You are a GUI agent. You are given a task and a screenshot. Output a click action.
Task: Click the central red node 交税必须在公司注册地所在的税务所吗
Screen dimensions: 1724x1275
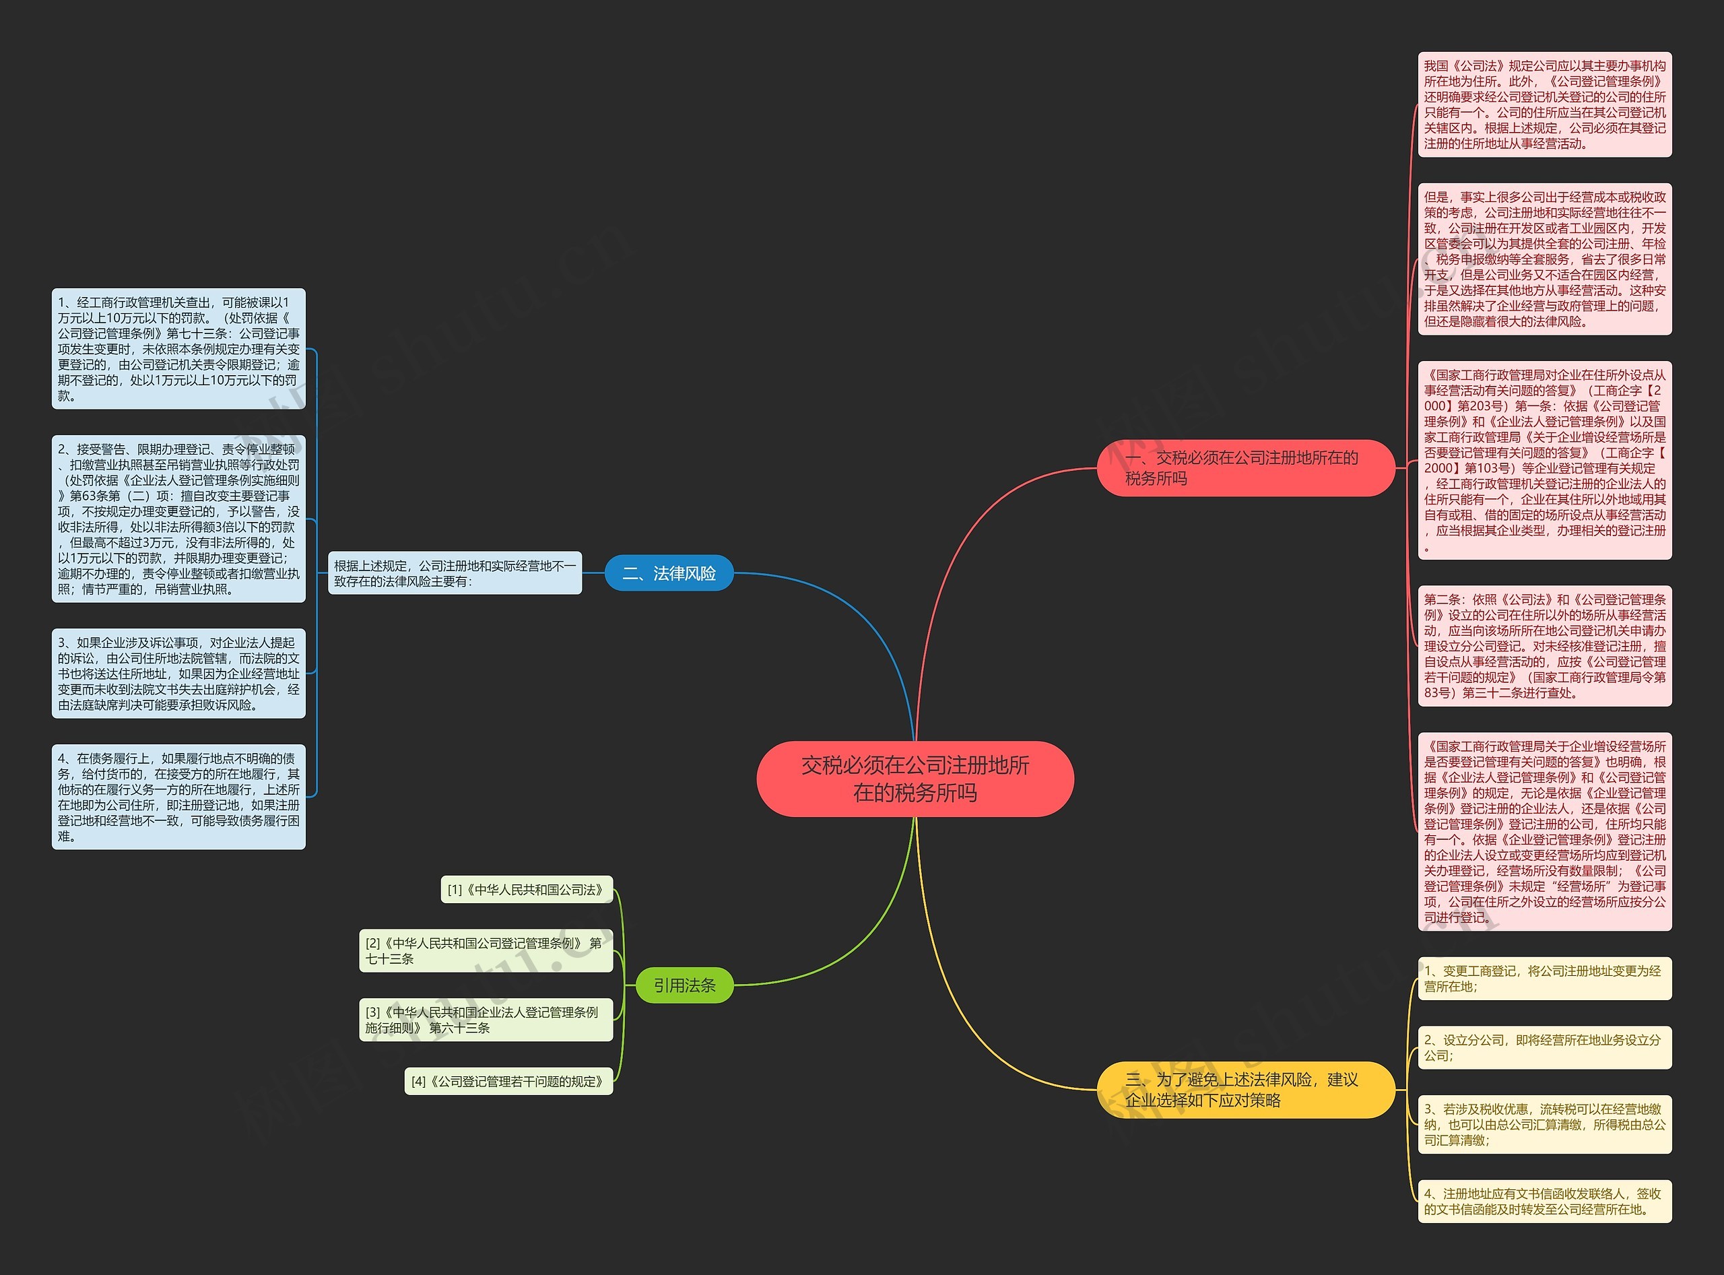tap(915, 779)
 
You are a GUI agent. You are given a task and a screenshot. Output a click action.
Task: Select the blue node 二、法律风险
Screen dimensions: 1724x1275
tap(669, 573)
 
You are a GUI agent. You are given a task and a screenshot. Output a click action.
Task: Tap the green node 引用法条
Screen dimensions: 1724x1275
tap(684, 985)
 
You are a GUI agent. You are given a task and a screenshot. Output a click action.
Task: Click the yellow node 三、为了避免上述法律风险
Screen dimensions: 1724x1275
tap(1247, 1089)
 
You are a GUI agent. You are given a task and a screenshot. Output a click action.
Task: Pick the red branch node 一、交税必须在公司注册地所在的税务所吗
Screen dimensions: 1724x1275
tap(1247, 467)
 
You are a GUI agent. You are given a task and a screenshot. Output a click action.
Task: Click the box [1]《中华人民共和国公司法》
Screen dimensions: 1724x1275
tap(527, 889)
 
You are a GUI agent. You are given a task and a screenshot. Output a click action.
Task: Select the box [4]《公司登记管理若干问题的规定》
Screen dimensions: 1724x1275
tap(508, 1081)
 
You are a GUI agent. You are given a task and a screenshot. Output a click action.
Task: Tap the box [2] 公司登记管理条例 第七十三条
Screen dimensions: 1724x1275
tap(486, 951)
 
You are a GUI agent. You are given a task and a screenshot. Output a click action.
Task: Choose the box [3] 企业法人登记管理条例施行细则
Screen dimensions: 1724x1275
tap(486, 1020)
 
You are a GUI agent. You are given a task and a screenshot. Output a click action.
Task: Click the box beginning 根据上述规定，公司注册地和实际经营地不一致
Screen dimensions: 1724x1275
tap(455, 573)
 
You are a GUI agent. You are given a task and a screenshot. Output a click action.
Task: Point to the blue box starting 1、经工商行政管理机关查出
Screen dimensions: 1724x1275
tap(178, 349)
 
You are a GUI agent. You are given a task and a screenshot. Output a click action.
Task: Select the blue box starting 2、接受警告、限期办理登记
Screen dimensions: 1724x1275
tap(178, 519)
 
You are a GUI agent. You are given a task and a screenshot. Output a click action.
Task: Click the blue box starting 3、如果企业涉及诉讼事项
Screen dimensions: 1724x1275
tap(178, 673)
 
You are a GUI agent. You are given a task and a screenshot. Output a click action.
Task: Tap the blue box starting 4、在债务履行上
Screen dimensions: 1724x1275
tap(178, 797)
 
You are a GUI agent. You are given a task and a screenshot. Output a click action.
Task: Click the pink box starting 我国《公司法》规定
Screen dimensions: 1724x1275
tap(1545, 104)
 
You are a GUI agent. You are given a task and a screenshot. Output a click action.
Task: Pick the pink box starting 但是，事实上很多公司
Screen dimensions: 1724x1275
tap(1545, 259)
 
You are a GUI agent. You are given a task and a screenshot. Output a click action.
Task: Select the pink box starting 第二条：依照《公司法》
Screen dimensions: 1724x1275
tap(1545, 646)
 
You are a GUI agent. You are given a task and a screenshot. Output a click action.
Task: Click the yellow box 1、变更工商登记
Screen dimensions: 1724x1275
tap(1545, 978)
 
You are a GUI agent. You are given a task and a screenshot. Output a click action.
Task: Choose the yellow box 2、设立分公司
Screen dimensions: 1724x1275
tap(1545, 1047)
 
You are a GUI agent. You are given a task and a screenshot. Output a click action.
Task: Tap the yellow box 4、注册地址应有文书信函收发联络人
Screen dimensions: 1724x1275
tap(1545, 1201)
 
